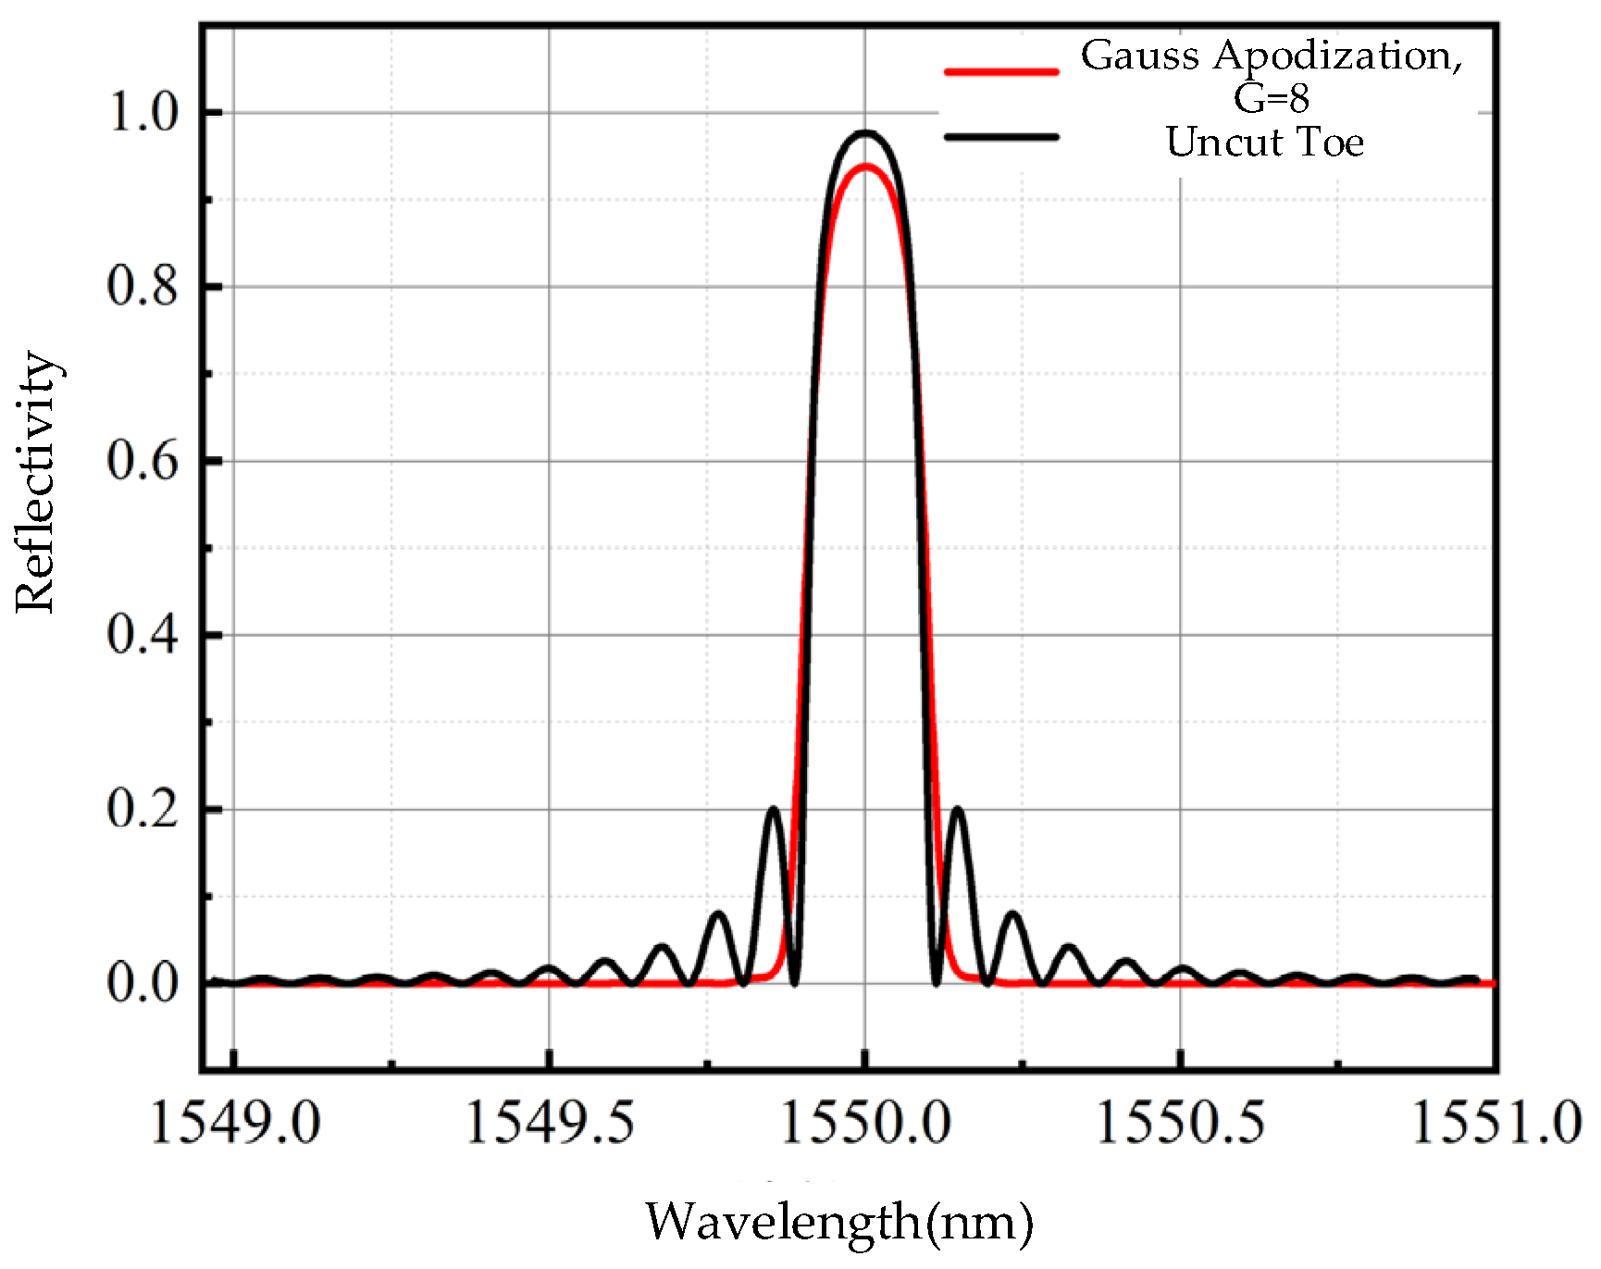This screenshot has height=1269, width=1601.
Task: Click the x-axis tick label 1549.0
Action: tap(234, 1125)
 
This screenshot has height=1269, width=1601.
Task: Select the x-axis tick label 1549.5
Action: tap(550, 1125)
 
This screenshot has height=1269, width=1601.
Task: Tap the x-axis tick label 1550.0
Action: tap(865, 1125)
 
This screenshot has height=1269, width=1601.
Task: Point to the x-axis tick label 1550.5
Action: tap(1181, 1125)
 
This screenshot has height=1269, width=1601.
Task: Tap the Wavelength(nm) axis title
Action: tap(838, 1223)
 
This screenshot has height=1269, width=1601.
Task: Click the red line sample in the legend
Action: tap(1000, 71)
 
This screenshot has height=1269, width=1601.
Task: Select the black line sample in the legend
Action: tap(1000, 137)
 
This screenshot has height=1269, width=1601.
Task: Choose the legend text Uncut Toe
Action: tap(1264, 143)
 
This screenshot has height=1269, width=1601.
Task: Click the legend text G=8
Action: tap(1272, 98)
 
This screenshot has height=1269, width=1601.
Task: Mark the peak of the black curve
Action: tap(865, 133)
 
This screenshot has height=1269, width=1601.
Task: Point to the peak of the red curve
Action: tap(865, 167)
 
